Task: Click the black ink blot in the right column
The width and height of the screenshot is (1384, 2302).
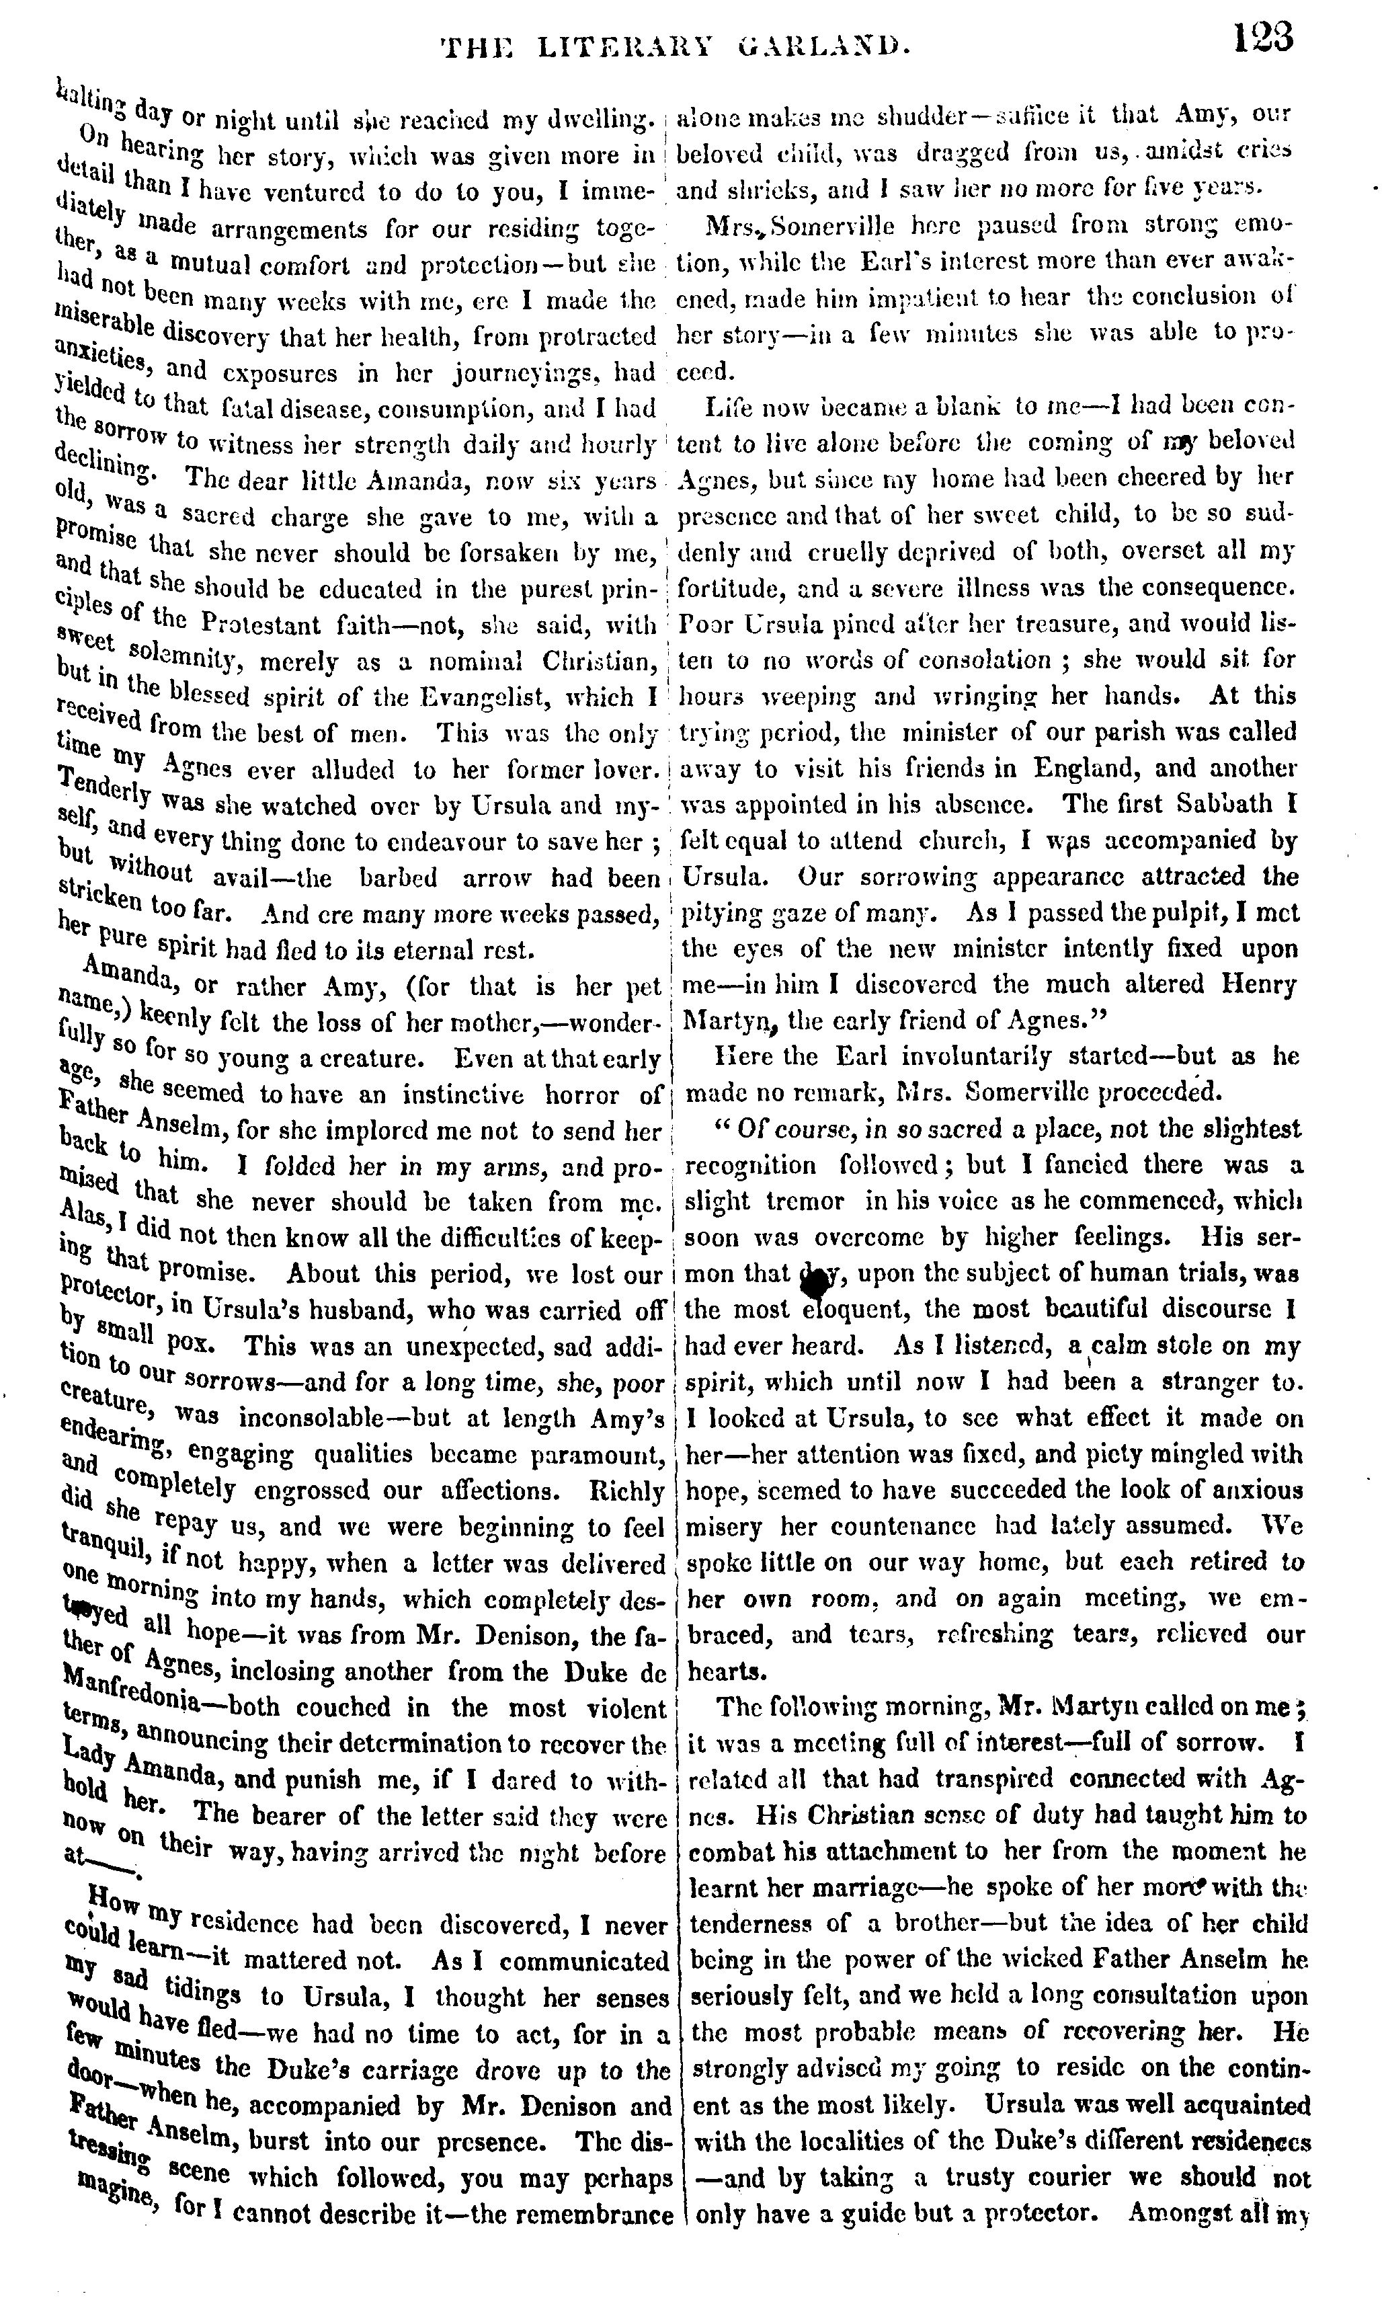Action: click(815, 1286)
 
